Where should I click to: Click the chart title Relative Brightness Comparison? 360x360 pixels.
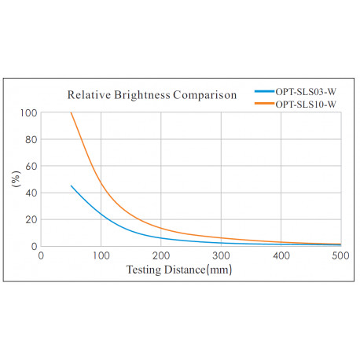pyautogui.click(x=151, y=96)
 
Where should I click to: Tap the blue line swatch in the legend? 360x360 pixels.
pyautogui.click(x=265, y=91)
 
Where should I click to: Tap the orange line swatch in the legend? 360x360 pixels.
pyautogui.click(x=265, y=103)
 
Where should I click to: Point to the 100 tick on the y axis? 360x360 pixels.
pyautogui.click(x=28, y=113)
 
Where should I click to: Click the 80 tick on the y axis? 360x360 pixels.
pyautogui.click(x=31, y=140)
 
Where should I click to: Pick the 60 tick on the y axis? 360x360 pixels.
pyautogui.click(x=31, y=167)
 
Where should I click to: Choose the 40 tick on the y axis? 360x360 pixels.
pyautogui.click(x=31, y=193)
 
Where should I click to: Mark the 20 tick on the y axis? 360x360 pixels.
pyautogui.click(x=31, y=220)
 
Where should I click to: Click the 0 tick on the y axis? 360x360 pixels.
pyautogui.click(x=33, y=246)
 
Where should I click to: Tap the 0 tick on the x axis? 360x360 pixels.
pyautogui.click(x=41, y=256)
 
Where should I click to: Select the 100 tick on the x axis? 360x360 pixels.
pyautogui.click(x=101, y=256)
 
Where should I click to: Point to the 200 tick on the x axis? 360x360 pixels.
pyautogui.click(x=160, y=256)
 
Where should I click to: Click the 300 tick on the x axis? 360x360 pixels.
pyautogui.click(x=221, y=256)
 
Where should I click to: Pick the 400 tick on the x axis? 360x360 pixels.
pyautogui.click(x=281, y=256)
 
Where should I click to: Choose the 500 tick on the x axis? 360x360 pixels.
pyautogui.click(x=340, y=256)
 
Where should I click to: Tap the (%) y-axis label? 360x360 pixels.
pyautogui.click(x=16, y=179)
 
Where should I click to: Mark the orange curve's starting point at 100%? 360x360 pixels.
pyautogui.click(x=71, y=113)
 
